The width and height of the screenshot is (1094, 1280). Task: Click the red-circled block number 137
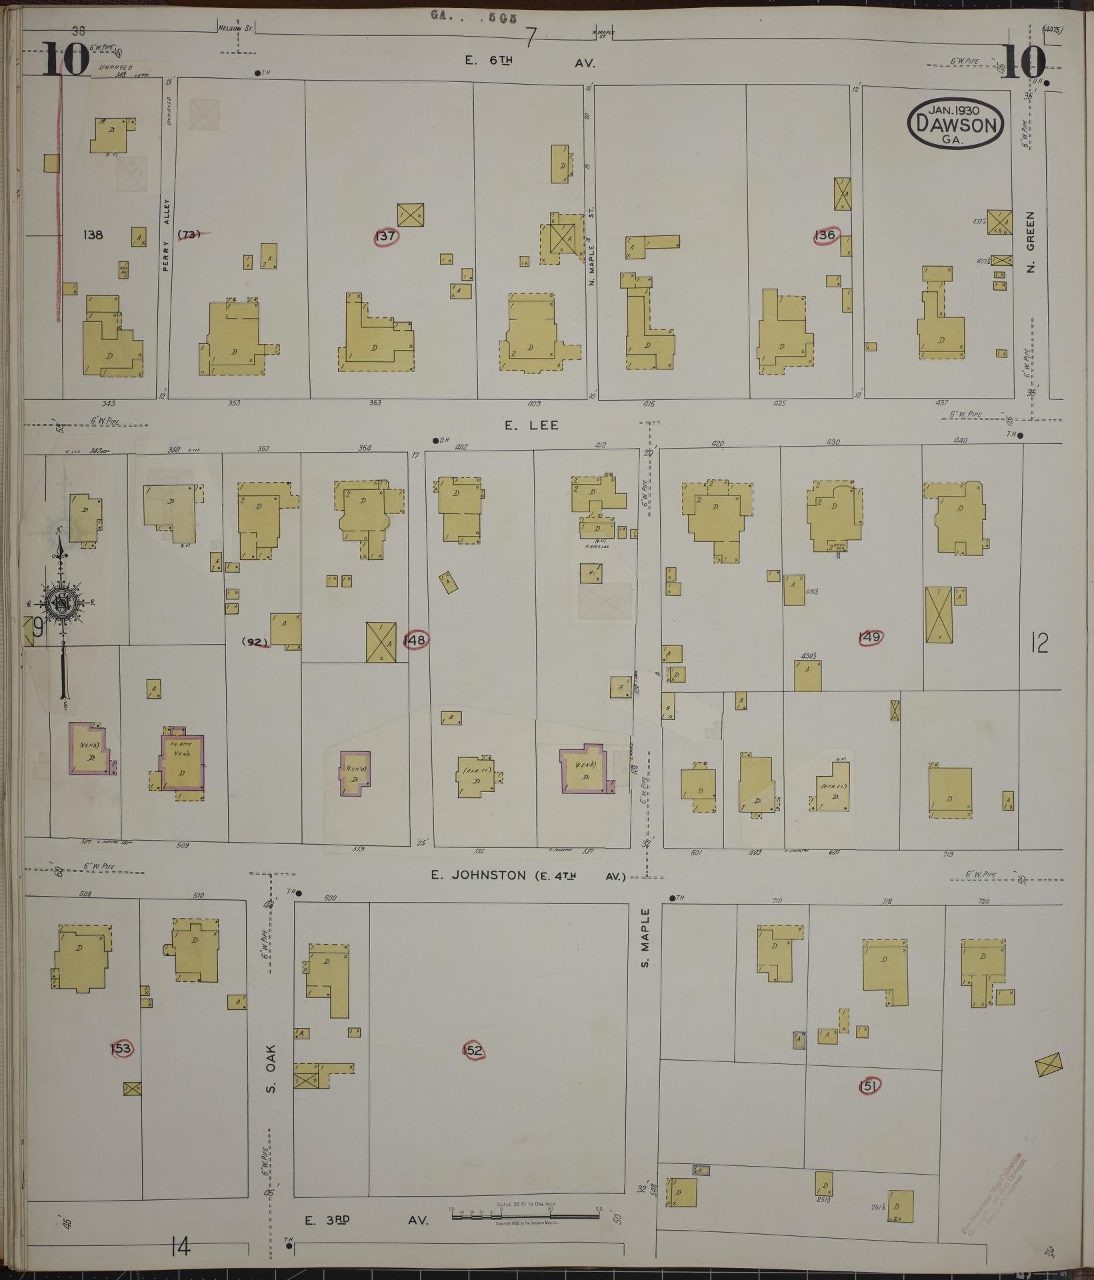coord(386,236)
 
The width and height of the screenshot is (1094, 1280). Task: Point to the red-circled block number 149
coord(870,637)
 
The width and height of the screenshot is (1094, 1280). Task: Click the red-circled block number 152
coord(472,1051)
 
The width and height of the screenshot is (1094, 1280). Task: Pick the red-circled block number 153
coord(121,1049)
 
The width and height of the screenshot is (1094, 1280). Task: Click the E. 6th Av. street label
coord(529,63)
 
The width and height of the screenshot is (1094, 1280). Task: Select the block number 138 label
coord(93,235)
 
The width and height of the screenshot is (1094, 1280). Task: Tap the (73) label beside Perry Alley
coord(190,234)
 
